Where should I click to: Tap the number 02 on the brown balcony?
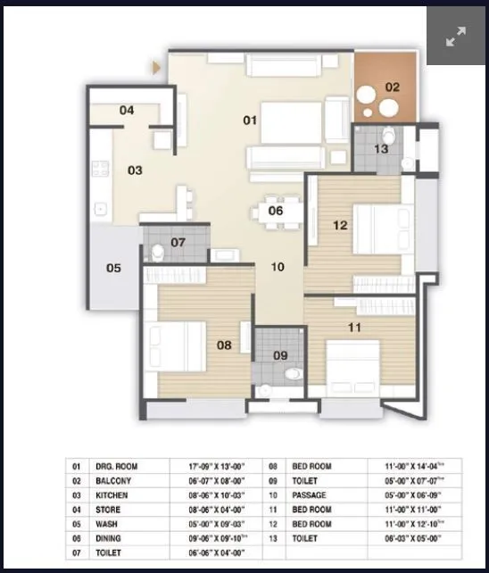pos(392,87)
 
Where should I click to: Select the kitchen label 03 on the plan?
pos(134,170)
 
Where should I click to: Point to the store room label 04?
pos(127,111)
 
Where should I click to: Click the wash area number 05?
pos(113,267)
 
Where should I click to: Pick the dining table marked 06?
pos(276,211)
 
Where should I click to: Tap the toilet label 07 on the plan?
pos(178,242)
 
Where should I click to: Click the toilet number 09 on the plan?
pos(280,355)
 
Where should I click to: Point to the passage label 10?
pos(278,266)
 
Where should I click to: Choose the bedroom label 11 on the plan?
pos(354,328)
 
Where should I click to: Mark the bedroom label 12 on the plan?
pos(339,225)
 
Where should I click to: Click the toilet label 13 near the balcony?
pos(381,149)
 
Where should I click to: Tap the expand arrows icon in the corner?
pos(456,37)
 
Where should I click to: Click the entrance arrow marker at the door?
pos(157,66)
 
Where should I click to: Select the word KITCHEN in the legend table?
pos(112,494)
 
